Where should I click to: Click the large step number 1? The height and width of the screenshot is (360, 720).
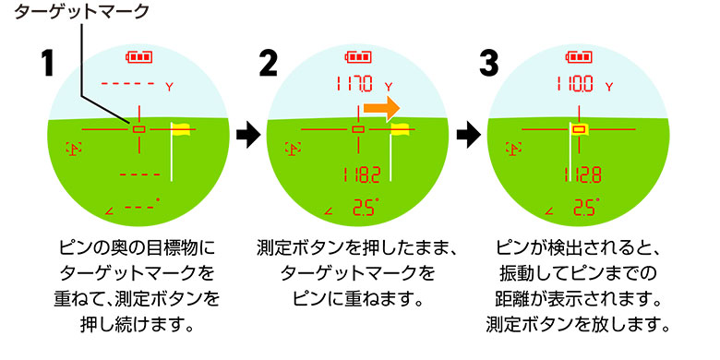[x=52, y=66]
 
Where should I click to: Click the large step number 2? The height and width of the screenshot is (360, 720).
[x=269, y=66]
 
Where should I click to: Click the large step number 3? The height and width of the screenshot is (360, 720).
[x=490, y=66]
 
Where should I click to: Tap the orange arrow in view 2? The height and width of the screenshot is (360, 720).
[x=381, y=108]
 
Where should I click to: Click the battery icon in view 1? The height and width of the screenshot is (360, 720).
[x=138, y=56]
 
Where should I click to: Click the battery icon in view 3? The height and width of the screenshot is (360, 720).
[x=579, y=56]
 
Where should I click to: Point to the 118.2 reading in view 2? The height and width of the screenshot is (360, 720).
[x=360, y=174]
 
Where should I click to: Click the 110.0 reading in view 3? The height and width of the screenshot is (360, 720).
[x=574, y=85]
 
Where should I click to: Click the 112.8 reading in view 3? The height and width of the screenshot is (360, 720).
[x=580, y=174]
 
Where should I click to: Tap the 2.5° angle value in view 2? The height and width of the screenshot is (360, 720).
[x=361, y=208]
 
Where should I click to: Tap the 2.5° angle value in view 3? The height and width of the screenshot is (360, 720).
[x=581, y=208]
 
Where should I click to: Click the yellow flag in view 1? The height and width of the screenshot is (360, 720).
[x=180, y=130]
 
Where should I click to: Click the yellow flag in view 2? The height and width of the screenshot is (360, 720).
[x=401, y=130]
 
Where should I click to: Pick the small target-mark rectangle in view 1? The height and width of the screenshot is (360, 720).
[x=138, y=129]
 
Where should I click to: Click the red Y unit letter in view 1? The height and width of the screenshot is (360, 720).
[x=170, y=86]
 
